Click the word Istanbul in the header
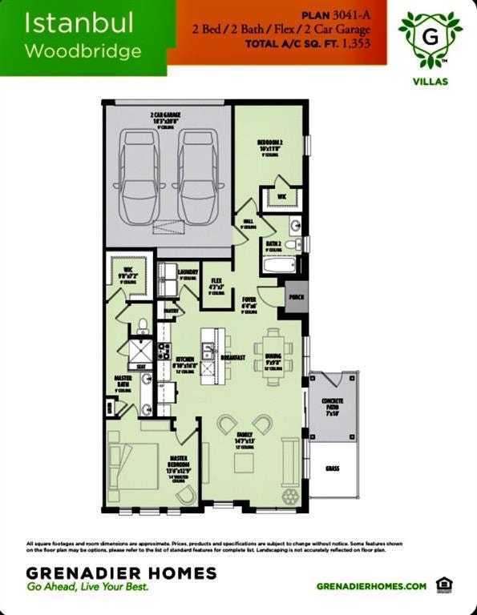click(x=68, y=23)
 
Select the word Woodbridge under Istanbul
click(x=83, y=51)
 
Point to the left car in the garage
click(x=139, y=177)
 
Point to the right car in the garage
click(x=198, y=177)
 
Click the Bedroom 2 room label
click(x=269, y=143)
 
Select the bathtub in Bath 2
click(x=281, y=265)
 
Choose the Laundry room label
click(x=188, y=272)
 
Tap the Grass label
click(x=332, y=468)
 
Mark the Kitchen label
click(x=184, y=363)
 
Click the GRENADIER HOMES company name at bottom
click(x=121, y=573)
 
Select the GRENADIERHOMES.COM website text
click(x=371, y=586)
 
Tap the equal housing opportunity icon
click(x=443, y=585)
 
